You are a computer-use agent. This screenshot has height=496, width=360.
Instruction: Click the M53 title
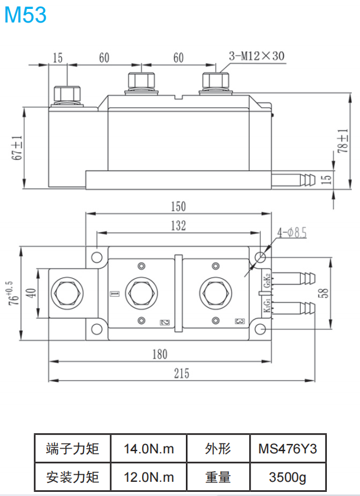pyautogui.click(x=25, y=15)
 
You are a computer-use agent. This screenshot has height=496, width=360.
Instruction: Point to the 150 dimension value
pyautogui.click(x=178, y=207)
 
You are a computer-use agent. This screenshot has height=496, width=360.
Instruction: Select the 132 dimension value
pyautogui.click(x=178, y=226)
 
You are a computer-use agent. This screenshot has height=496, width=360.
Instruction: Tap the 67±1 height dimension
pyautogui.click(x=18, y=147)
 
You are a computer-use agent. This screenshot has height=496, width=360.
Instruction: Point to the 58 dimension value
pyautogui.click(x=338, y=292)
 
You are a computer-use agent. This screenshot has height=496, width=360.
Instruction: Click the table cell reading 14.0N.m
pyautogui.click(x=149, y=449)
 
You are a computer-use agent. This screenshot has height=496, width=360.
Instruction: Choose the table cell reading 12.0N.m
pyautogui.click(x=149, y=476)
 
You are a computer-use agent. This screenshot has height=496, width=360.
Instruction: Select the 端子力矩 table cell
pyautogui.click(x=72, y=449)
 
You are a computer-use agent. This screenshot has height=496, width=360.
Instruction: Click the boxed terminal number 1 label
pyautogui.click(x=115, y=294)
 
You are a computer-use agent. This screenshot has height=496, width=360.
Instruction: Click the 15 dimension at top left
pyautogui.click(x=57, y=58)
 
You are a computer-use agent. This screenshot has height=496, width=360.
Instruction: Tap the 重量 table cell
pyautogui.click(x=218, y=476)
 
